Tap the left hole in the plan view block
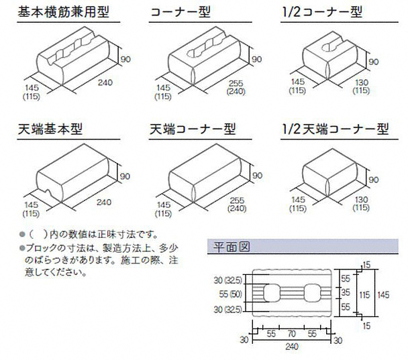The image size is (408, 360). click(x=271, y=294)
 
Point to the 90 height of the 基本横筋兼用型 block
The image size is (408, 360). click(x=126, y=59)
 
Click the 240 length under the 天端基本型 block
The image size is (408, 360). click(x=104, y=200)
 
